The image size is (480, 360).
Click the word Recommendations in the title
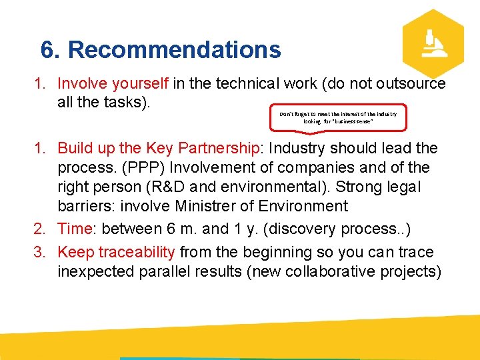175,50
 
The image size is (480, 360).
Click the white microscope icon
434,44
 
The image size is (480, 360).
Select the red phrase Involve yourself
113,83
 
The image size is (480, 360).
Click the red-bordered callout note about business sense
338,118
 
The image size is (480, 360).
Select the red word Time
75,229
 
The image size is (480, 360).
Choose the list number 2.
40,229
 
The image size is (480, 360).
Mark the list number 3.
40,252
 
